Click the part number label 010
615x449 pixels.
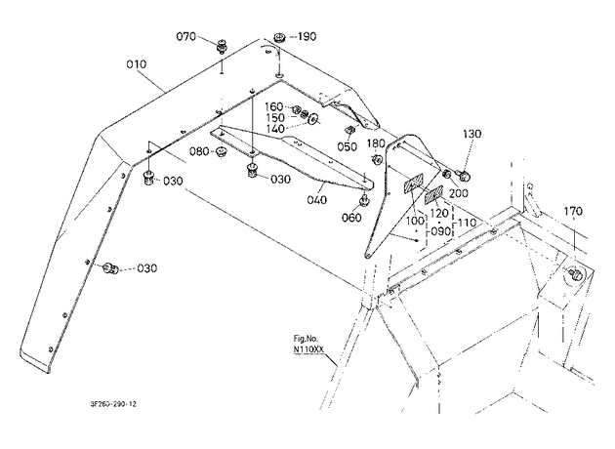pyautogui.click(x=137, y=63)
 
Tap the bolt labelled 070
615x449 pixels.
pyautogui.click(x=222, y=46)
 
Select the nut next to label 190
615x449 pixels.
pyautogui.click(x=279, y=38)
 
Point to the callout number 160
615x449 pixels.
pyautogui.click(x=273, y=106)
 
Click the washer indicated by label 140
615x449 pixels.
pyautogui.click(x=313, y=118)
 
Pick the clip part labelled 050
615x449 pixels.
pyautogui.click(x=349, y=130)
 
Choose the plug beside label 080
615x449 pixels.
pyautogui.click(x=222, y=151)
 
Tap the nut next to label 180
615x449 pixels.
pyautogui.click(x=378, y=160)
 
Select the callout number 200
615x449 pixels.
pyautogui.click(x=459, y=193)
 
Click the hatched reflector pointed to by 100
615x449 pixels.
pyautogui.click(x=412, y=184)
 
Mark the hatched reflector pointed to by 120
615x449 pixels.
pyautogui.click(x=433, y=194)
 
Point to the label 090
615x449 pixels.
pyautogui.click(x=441, y=231)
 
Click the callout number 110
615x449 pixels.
pyautogui.click(x=467, y=223)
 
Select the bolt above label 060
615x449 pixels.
pyautogui.click(x=364, y=201)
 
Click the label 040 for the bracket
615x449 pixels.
pyautogui.click(x=317, y=200)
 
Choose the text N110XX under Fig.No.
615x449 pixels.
pyautogui.click(x=308, y=349)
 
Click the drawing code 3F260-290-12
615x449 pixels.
pyautogui.click(x=113, y=404)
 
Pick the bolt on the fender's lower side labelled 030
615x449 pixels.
pyautogui.click(x=110, y=268)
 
